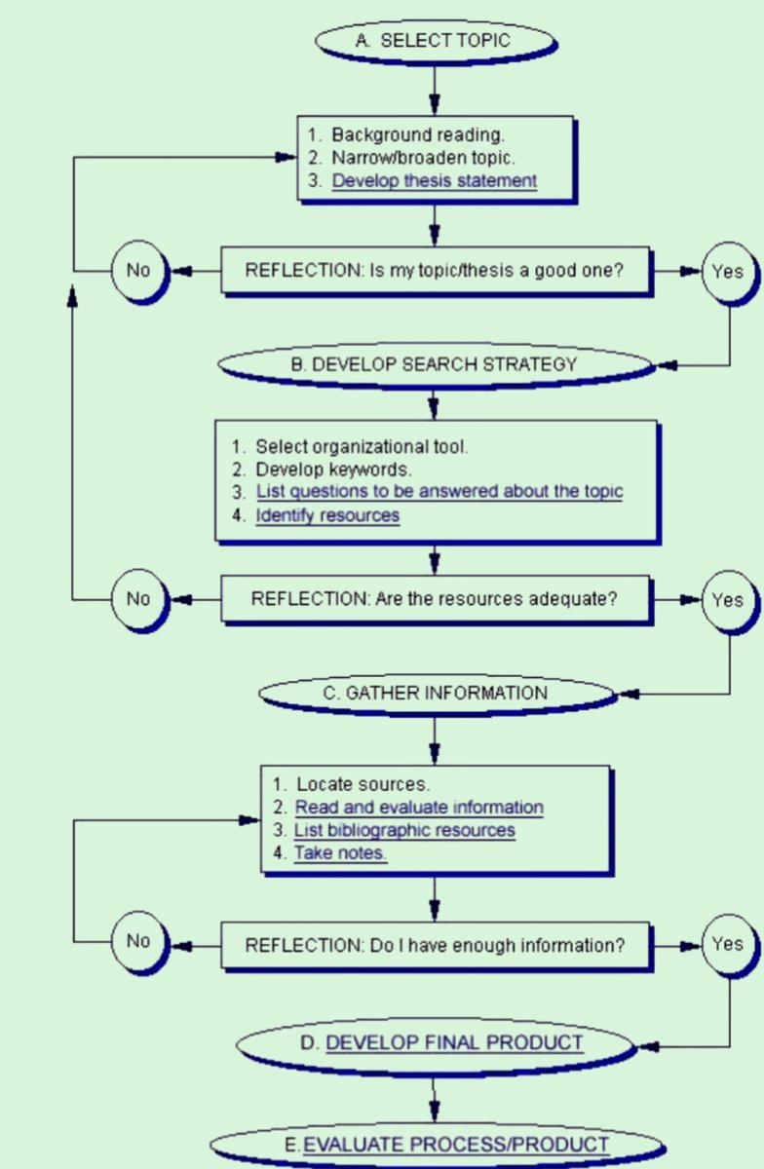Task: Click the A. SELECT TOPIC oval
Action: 434,41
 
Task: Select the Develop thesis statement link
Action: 434,180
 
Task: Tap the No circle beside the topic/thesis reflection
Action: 138,270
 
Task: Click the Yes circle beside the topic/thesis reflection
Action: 727,271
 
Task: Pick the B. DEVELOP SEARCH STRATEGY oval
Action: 434,364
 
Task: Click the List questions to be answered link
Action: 439,491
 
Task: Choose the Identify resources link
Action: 327,515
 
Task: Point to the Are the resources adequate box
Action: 434,598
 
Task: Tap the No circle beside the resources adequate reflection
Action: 138,598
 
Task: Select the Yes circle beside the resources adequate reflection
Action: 727,599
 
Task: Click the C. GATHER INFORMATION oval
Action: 435,693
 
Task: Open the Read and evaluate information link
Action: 419,807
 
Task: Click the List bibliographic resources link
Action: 404,830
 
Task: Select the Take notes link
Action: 341,853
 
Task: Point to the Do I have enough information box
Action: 434,944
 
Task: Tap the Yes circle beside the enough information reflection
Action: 727,943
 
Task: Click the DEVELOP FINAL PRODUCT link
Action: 454,1042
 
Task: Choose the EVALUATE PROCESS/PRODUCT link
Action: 456,1144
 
